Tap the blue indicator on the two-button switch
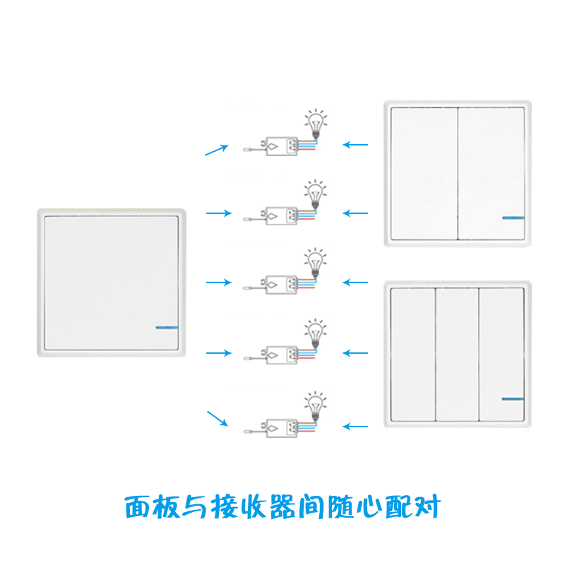click(x=513, y=218)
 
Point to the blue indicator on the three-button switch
click(x=513, y=399)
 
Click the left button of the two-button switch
click(x=424, y=173)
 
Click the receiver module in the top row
click(x=281, y=146)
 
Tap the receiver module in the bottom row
click(x=281, y=427)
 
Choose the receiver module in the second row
click(x=281, y=213)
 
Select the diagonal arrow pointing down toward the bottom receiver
click(x=217, y=418)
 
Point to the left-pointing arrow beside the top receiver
click(x=355, y=145)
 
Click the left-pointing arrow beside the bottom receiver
click(x=355, y=426)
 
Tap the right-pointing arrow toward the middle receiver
click(x=218, y=282)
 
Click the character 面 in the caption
click(x=138, y=507)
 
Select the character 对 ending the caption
click(x=427, y=507)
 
